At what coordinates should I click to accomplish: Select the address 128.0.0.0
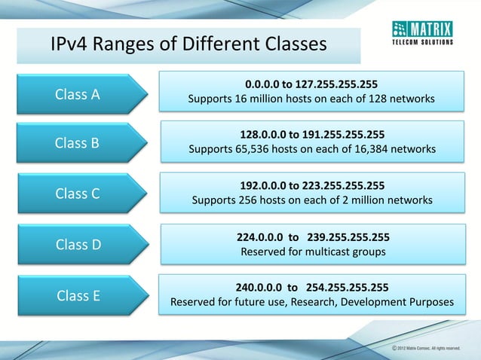click(265, 135)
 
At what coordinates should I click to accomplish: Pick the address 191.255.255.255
click(344, 135)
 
